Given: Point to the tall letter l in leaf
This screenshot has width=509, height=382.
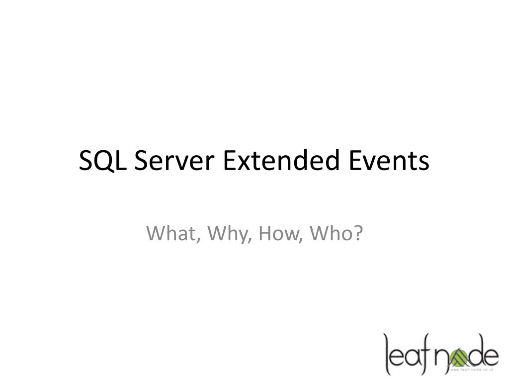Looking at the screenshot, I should coord(387,353).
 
